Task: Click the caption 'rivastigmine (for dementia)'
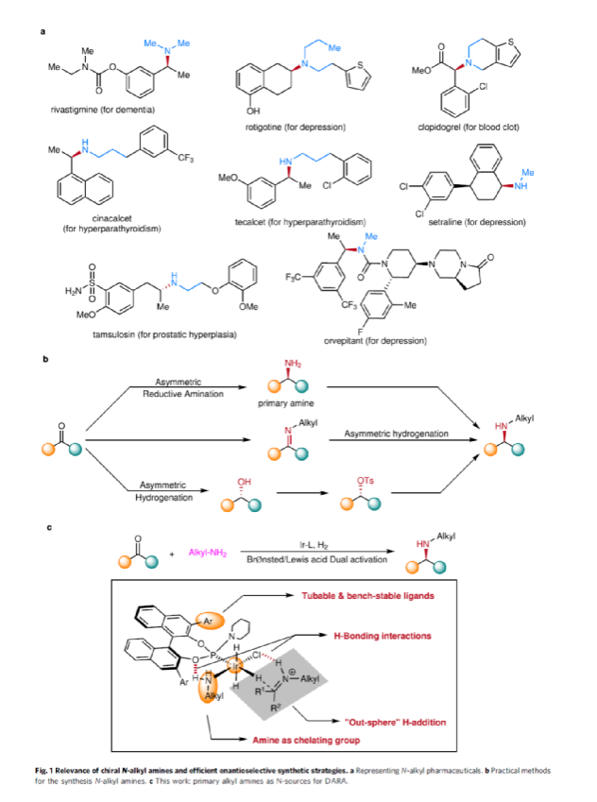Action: (x=95, y=110)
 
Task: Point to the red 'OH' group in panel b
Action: (x=242, y=479)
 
